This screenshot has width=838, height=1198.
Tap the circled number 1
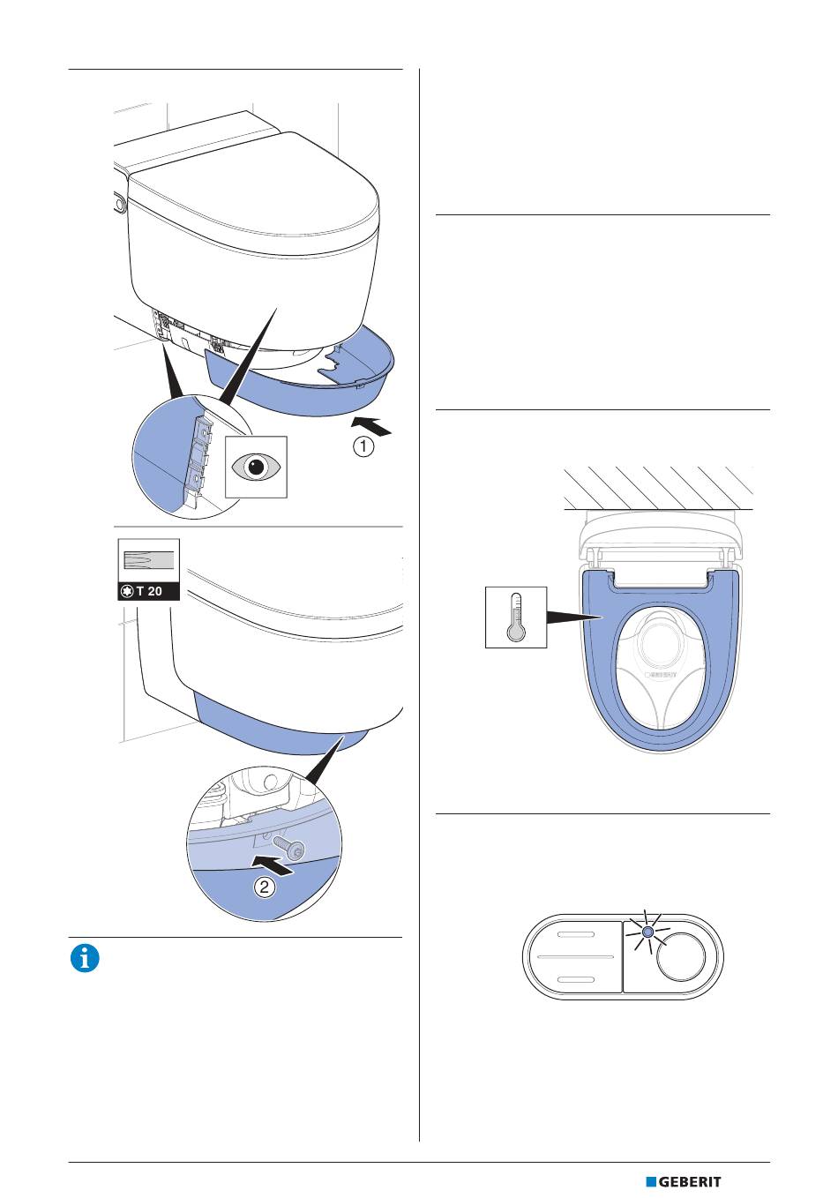(x=363, y=446)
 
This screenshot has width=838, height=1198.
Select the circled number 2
(x=264, y=887)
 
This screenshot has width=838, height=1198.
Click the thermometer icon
(x=516, y=618)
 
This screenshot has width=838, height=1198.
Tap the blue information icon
(x=85, y=959)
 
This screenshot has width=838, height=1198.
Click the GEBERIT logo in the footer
(x=684, y=1182)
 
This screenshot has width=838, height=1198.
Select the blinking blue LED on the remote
(x=647, y=932)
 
